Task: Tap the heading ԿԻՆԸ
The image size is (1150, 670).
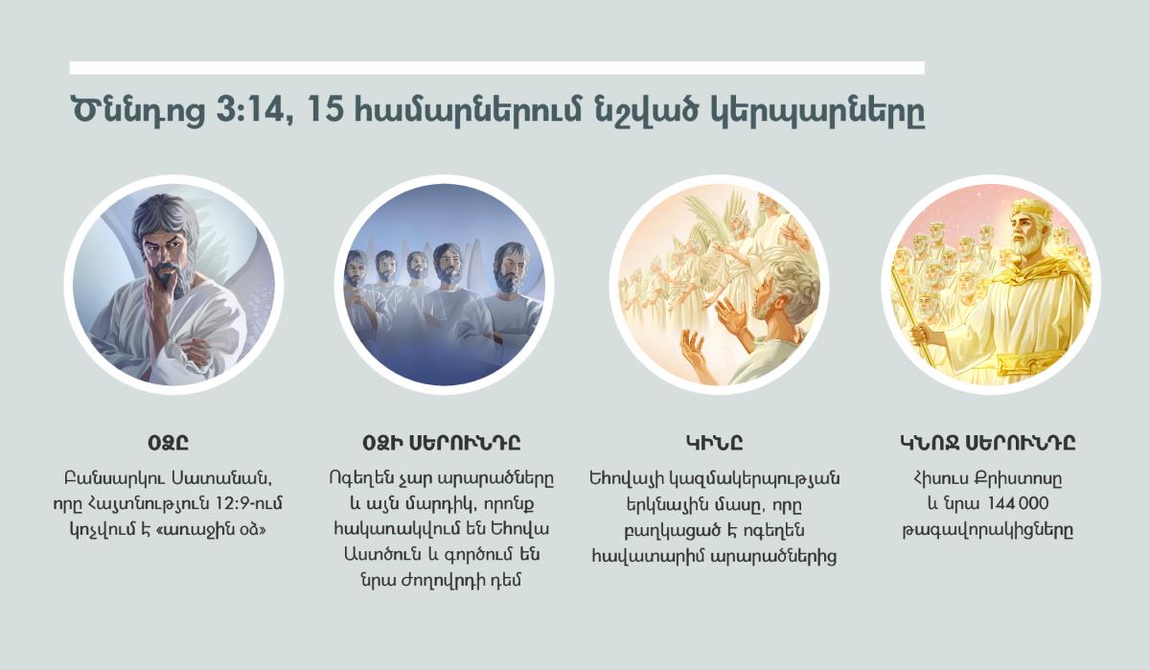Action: (714, 443)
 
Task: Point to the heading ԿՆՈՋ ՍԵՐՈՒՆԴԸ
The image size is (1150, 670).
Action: (987, 443)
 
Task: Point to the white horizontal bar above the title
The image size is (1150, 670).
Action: (496, 68)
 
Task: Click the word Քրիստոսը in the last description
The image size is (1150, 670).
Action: (1026, 478)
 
